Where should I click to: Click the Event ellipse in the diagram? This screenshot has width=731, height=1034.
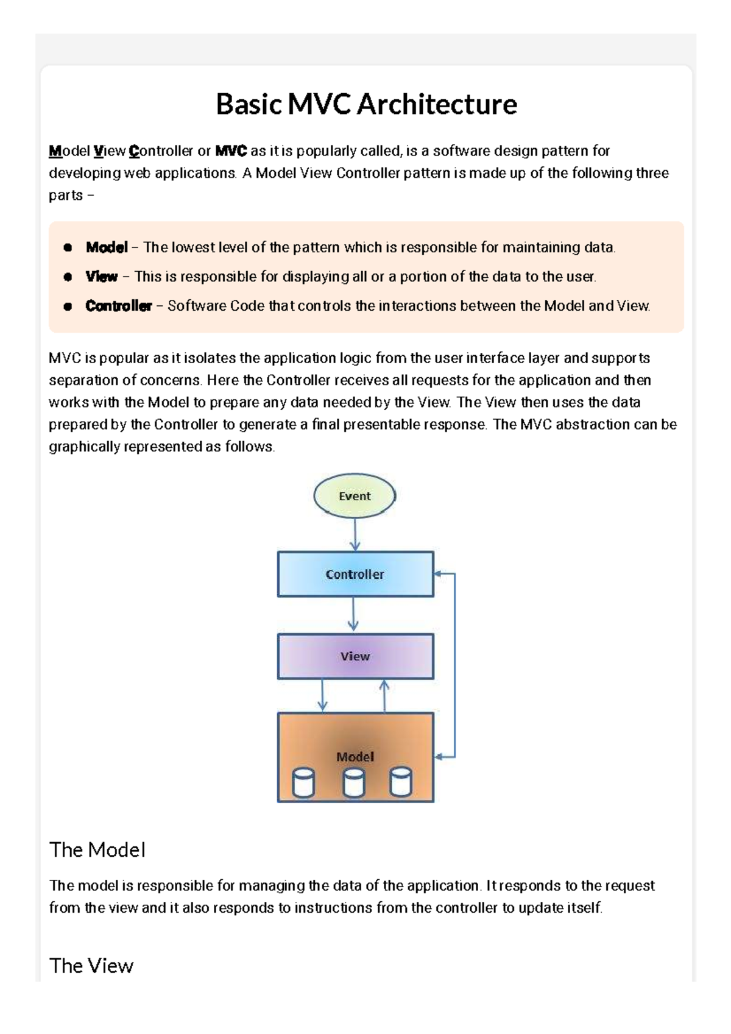point(355,496)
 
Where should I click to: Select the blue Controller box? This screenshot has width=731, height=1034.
point(355,574)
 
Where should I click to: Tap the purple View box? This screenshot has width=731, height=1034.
point(355,656)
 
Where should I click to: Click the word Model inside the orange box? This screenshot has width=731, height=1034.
point(355,757)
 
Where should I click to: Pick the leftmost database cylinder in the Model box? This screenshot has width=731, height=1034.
point(303,782)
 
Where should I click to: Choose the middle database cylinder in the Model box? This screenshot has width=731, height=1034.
point(354,782)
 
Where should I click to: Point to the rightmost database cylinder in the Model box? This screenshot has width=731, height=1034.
point(400,782)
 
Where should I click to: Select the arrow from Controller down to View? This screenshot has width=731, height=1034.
point(353,614)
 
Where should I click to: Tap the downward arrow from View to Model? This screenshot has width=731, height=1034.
point(322,695)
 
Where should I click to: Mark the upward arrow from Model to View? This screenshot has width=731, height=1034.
point(384,695)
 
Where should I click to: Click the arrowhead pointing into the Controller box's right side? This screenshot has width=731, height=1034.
point(439,573)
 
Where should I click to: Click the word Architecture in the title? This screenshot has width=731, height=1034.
point(437,104)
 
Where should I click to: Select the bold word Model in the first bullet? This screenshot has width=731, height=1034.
point(107,247)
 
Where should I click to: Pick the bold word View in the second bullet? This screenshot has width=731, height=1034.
point(102,277)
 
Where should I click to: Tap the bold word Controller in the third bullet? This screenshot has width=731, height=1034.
point(118,306)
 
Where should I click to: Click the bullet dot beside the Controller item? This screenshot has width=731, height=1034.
point(68,306)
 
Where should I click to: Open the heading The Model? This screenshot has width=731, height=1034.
point(97,850)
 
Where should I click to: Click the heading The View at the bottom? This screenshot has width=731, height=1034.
point(91,966)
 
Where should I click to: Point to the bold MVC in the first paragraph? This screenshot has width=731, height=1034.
point(231,151)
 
